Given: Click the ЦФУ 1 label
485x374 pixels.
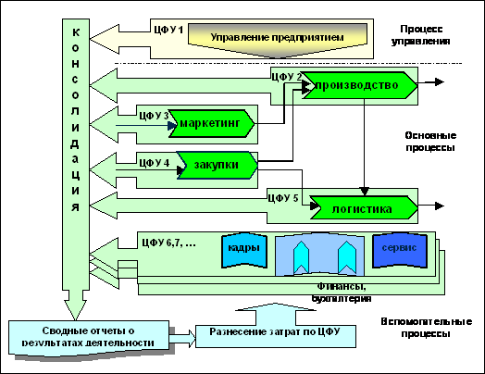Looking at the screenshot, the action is pyautogui.click(x=168, y=30).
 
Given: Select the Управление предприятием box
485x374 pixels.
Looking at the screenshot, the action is pyautogui.click(x=278, y=39).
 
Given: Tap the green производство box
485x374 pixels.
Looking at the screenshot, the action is pyautogui.click(x=359, y=85).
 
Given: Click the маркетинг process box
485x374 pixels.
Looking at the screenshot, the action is pyautogui.click(x=212, y=123).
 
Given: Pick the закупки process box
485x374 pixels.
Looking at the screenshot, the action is pyautogui.click(x=218, y=165).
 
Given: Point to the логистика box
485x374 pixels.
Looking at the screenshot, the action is pyautogui.click(x=364, y=207).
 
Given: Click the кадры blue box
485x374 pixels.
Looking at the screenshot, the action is pyautogui.click(x=244, y=250).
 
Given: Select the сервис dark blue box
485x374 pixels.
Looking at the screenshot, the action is pyautogui.click(x=400, y=250).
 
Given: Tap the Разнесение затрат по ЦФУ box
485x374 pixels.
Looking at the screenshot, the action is pyautogui.click(x=276, y=336).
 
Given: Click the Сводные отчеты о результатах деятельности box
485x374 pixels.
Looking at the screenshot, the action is pyautogui.click(x=89, y=338).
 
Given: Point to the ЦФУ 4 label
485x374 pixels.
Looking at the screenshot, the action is pyautogui.click(x=154, y=163).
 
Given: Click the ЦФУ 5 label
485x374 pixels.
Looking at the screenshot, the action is pyautogui.click(x=282, y=198).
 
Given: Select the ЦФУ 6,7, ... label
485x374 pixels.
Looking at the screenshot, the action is pyautogui.click(x=168, y=243).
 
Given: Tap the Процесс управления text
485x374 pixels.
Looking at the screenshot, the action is pyautogui.click(x=421, y=35).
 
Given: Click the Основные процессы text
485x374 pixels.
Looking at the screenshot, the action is pyautogui.click(x=430, y=142).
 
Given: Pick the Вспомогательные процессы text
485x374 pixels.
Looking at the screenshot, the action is pyautogui.click(x=427, y=328).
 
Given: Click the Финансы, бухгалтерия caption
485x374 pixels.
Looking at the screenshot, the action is pyautogui.click(x=342, y=293).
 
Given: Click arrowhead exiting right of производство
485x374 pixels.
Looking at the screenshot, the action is pyautogui.click(x=440, y=82).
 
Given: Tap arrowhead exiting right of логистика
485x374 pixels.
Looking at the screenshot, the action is pyautogui.click(x=440, y=206).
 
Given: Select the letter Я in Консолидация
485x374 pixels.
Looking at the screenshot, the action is pyautogui.click(x=76, y=207).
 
